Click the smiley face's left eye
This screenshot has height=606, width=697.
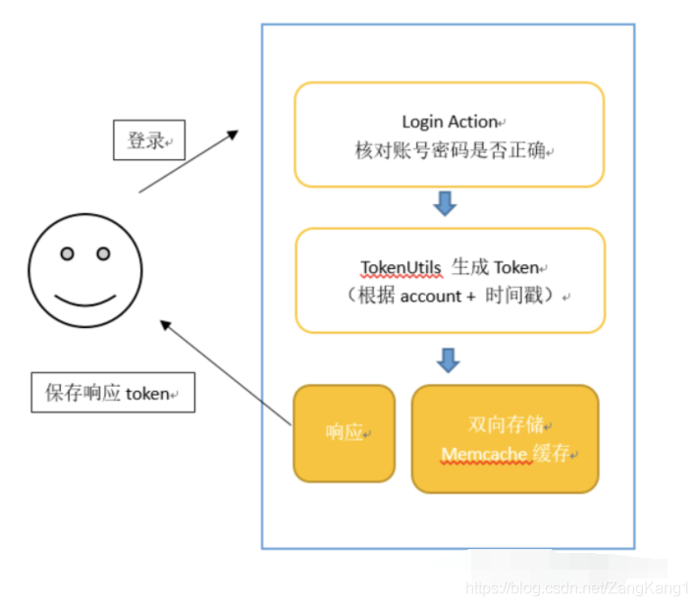point(67,254)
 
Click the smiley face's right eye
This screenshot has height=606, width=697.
point(103,254)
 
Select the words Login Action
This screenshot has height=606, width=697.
point(450,122)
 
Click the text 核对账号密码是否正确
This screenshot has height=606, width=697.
point(450,151)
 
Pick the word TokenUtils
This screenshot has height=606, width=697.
point(401,267)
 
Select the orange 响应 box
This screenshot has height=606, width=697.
point(344,433)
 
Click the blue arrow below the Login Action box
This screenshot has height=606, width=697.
point(445,204)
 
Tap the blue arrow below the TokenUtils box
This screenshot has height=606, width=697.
point(449,359)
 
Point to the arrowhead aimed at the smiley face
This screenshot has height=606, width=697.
point(167,325)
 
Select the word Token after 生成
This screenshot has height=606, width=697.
point(516,267)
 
